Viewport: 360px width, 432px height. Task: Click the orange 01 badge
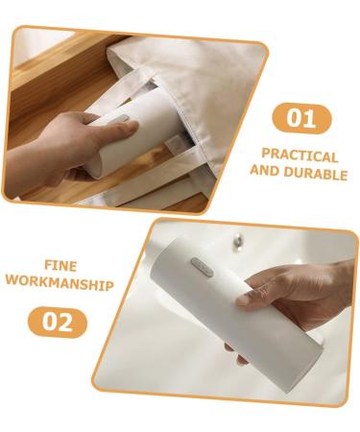[301, 119]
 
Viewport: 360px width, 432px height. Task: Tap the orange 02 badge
[58, 322]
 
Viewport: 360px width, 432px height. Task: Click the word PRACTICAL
[300, 156]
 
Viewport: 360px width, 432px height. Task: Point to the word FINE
[60, 266]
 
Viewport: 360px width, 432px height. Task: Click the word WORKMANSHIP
[60, 284]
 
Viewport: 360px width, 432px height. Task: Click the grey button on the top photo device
[121, 119]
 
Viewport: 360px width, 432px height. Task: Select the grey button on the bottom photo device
[202, 267]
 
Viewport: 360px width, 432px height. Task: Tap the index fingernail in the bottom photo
[243, 300]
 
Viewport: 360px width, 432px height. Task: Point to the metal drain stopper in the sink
[238, 240]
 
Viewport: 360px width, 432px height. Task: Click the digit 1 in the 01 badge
[307, 118]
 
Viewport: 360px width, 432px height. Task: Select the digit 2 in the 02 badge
[66, 322]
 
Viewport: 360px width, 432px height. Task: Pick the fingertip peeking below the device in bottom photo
[242, 361]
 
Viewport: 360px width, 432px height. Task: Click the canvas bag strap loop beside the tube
[176, 143]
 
